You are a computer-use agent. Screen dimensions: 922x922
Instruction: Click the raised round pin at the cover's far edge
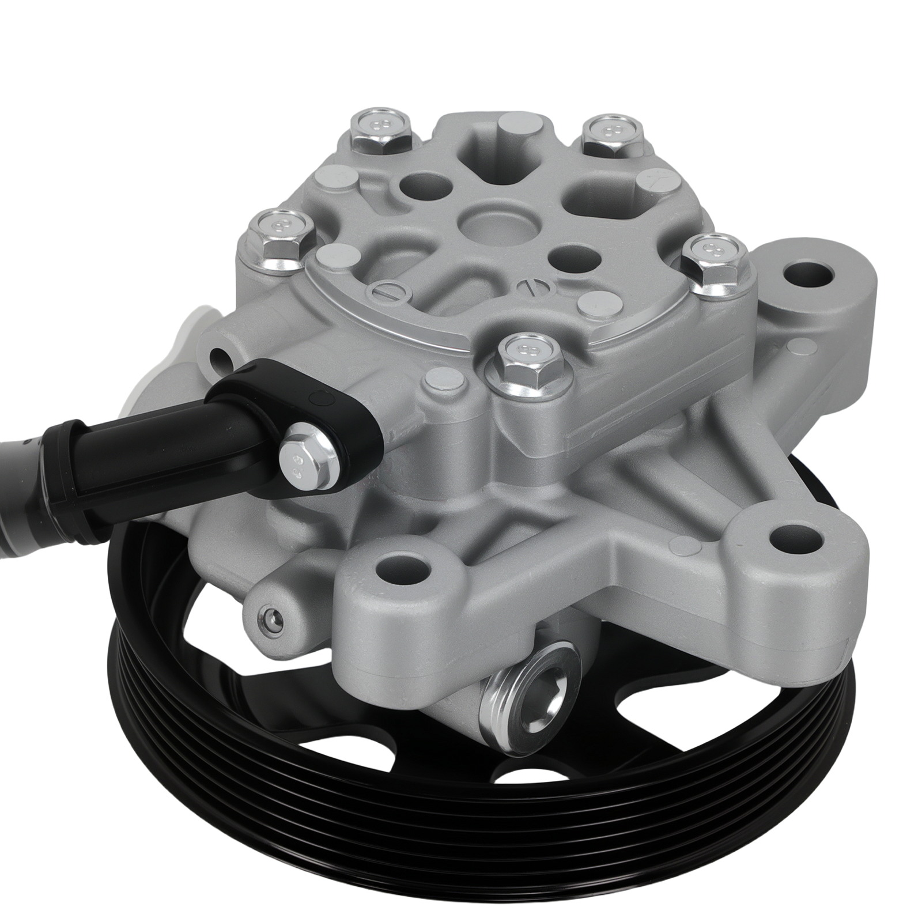click(x=514, y=127)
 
